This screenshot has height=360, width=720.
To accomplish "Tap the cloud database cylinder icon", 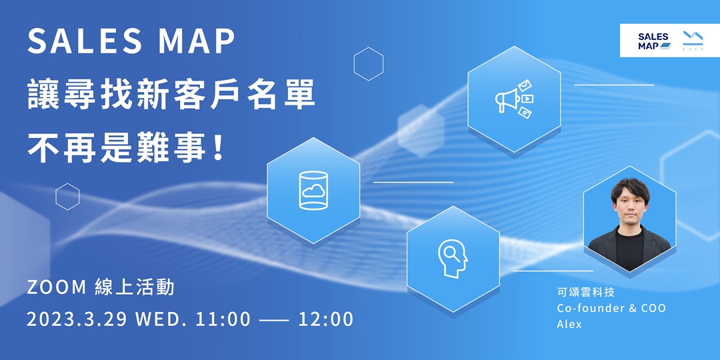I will pyautogui.click(x=314, y=191).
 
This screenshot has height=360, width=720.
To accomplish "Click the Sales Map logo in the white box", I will pyautogui.click(x=653, y=41).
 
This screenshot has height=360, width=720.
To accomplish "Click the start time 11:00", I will pyautogui.click(x=223, y=319).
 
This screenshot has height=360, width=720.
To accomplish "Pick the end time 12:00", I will pyautogui.click(x=326, y=319).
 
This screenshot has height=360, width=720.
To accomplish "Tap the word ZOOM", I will pyautogui.click(x=57, y=287).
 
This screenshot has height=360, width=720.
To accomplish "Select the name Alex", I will pyautogui.click(x=569, y=324).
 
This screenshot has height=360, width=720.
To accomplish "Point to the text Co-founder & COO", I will pyautogui.click(x=611, y=308).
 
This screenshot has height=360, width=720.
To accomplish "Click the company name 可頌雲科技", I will pyautogui.click(x=585, y=292).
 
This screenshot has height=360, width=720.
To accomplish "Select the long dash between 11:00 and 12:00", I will pyautogui.click(x=274, y=319).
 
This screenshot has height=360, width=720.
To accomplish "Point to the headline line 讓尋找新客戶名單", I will pyautogui.click(x=171, y=95).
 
